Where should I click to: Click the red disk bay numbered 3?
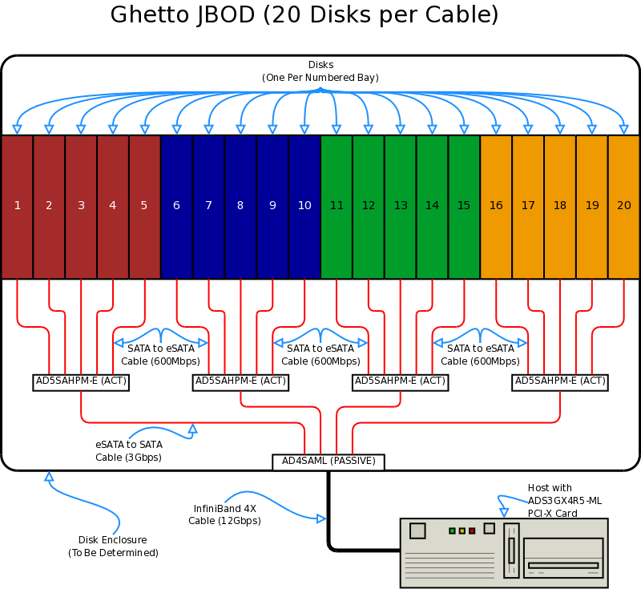tap(81, 207)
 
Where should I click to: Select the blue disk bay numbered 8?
tap(240, 207)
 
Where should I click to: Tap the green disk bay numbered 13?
tap(400, 207)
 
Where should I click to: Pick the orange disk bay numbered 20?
tap(624, 207)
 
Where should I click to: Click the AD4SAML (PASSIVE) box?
tap(329, 462)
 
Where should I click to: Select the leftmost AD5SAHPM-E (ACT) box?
tap(81, 382)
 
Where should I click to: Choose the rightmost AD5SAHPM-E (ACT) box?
tap(559, 382)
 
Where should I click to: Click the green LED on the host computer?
tap(452, 531)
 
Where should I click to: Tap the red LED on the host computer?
tap(472, 531)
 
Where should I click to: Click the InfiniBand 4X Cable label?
tap(224, 514)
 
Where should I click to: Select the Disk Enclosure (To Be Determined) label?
tap(113, 546)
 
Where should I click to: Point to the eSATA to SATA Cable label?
tap(129, 451)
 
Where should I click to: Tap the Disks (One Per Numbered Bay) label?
tap(320, 71)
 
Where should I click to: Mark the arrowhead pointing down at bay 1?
tap(17, 130)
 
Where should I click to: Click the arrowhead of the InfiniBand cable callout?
tap(322, 518)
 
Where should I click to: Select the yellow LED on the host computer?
tap(462, 531)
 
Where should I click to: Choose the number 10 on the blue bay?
tap(304, 205)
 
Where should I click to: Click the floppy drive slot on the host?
tap(563, 565)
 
